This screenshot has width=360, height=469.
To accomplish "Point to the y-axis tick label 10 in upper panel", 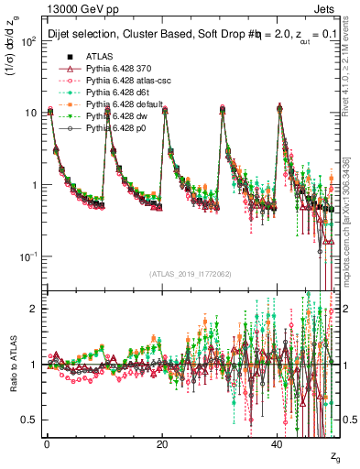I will click(x=28, y=114).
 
